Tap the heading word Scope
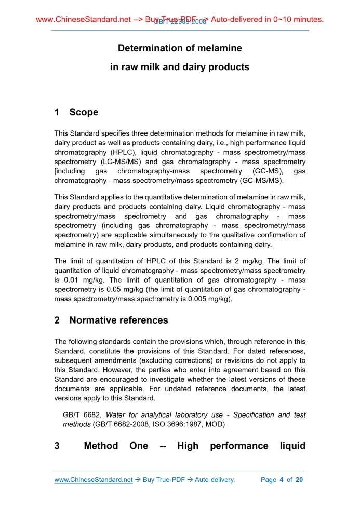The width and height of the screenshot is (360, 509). tap(84, 112)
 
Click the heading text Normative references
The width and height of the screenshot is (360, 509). tap(118, 320)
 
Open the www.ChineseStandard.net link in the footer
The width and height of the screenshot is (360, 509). tap(94, 479)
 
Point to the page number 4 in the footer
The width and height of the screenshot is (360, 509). tap(281, 479)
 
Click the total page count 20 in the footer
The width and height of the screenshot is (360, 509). tap(299, 479)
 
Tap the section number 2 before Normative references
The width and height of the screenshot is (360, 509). tap(57, 320)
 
